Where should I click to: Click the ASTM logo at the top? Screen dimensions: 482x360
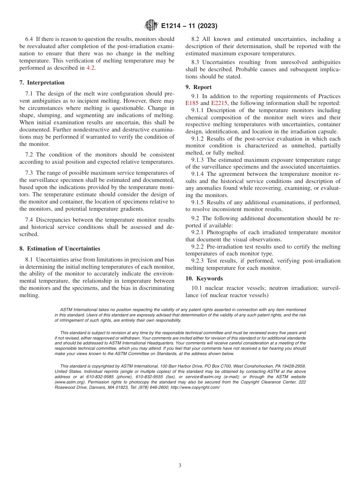[x=151, y=26]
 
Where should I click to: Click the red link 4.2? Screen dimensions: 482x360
[x=91, y=68]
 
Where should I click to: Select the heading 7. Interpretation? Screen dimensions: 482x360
[x=42, y=83]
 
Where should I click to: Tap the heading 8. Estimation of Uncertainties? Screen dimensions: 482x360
[x=60, y=249]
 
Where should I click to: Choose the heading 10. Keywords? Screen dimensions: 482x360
[x=204, y=279]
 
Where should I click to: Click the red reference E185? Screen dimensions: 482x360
[x=192, y=103]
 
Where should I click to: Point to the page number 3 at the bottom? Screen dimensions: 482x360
[x=180, y=466]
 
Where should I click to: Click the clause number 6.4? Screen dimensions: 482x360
[x=29, y=39]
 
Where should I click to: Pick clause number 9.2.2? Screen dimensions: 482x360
[x=198, y=247]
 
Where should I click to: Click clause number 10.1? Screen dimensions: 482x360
[x=197, y=288]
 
